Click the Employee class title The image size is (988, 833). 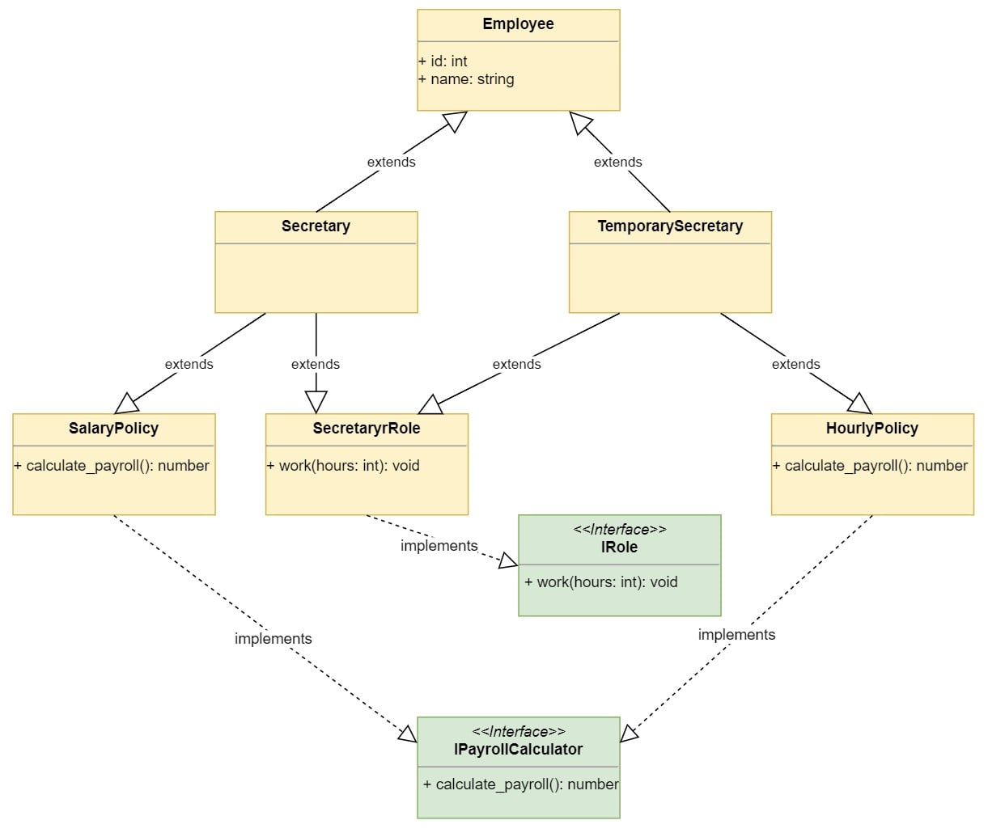518,24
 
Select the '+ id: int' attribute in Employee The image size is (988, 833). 443,61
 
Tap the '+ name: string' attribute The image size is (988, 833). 467,79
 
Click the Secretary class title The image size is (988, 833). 316,226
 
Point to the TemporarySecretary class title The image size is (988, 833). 670,226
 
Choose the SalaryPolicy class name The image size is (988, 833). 113,429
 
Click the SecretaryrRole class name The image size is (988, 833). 367,429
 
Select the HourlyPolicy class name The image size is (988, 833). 872,429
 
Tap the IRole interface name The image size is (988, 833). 619,548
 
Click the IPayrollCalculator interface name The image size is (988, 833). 518,750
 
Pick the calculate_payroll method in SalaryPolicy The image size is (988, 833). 112,466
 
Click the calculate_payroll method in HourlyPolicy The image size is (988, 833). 871,466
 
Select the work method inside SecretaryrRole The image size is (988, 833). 343,466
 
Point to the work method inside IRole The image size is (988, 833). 601,582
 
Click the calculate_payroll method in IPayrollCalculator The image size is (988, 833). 521,784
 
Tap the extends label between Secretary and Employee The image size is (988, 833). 391,162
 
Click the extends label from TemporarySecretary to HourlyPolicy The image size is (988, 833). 795,364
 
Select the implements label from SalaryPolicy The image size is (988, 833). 273,639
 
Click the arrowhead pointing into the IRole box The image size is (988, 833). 508,560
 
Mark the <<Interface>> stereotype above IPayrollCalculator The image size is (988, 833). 518,732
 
